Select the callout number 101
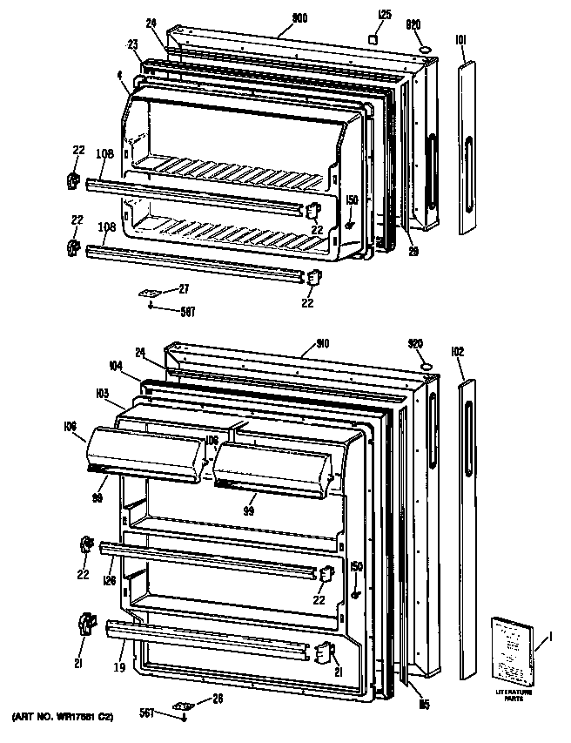click(460, 38)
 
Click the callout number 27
click(184, 288)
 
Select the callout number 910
click(310, 343)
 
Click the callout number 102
click(459, 353)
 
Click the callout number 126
click(111, 581)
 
